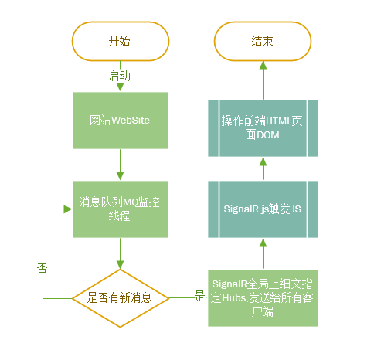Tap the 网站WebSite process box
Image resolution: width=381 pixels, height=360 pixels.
click(x=119, y=121)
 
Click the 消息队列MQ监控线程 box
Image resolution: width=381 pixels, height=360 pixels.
click(x=119, y=209)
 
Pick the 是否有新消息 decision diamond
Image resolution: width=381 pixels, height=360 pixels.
click(x=119, y=297)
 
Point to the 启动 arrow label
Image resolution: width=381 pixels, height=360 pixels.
click(x=119, y=76)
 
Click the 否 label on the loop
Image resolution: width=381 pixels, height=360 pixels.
click(x=42, y=268)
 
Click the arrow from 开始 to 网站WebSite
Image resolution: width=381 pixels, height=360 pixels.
click(x=119, y=85)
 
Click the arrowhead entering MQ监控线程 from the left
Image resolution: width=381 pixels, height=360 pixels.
click(x=69, y=209)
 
